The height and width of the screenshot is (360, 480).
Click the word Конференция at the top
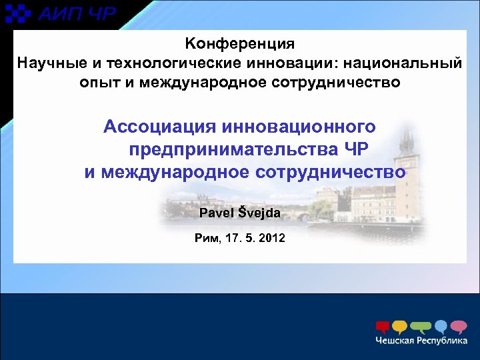[239, 45]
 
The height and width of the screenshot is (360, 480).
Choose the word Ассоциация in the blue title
[159, 126]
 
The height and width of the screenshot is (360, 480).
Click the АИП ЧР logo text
[77, 13]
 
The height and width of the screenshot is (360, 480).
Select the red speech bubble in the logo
[383, 327]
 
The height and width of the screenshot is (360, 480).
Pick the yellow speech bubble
[400, 327]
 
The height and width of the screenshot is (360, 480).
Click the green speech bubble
[421, 327]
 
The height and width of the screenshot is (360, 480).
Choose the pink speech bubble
[459, 327]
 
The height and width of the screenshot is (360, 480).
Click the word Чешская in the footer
[395, 341]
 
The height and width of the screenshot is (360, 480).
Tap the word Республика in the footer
[443, 341]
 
